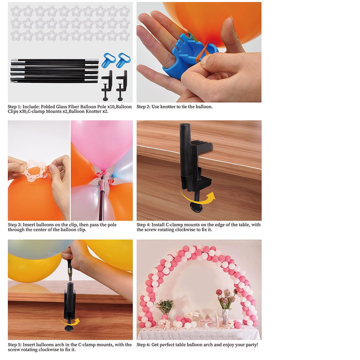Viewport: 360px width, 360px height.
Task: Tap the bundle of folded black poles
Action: (55, 71)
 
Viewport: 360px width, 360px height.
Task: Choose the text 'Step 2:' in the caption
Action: (143, 107)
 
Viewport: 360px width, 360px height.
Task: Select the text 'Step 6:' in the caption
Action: (143, 345)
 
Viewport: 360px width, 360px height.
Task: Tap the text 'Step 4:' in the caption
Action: (143, 225)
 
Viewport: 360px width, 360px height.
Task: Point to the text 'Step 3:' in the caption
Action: (14, 225)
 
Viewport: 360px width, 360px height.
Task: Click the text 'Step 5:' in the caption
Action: (14, 345)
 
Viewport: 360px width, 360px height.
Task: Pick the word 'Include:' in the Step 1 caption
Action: (31, 107)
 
